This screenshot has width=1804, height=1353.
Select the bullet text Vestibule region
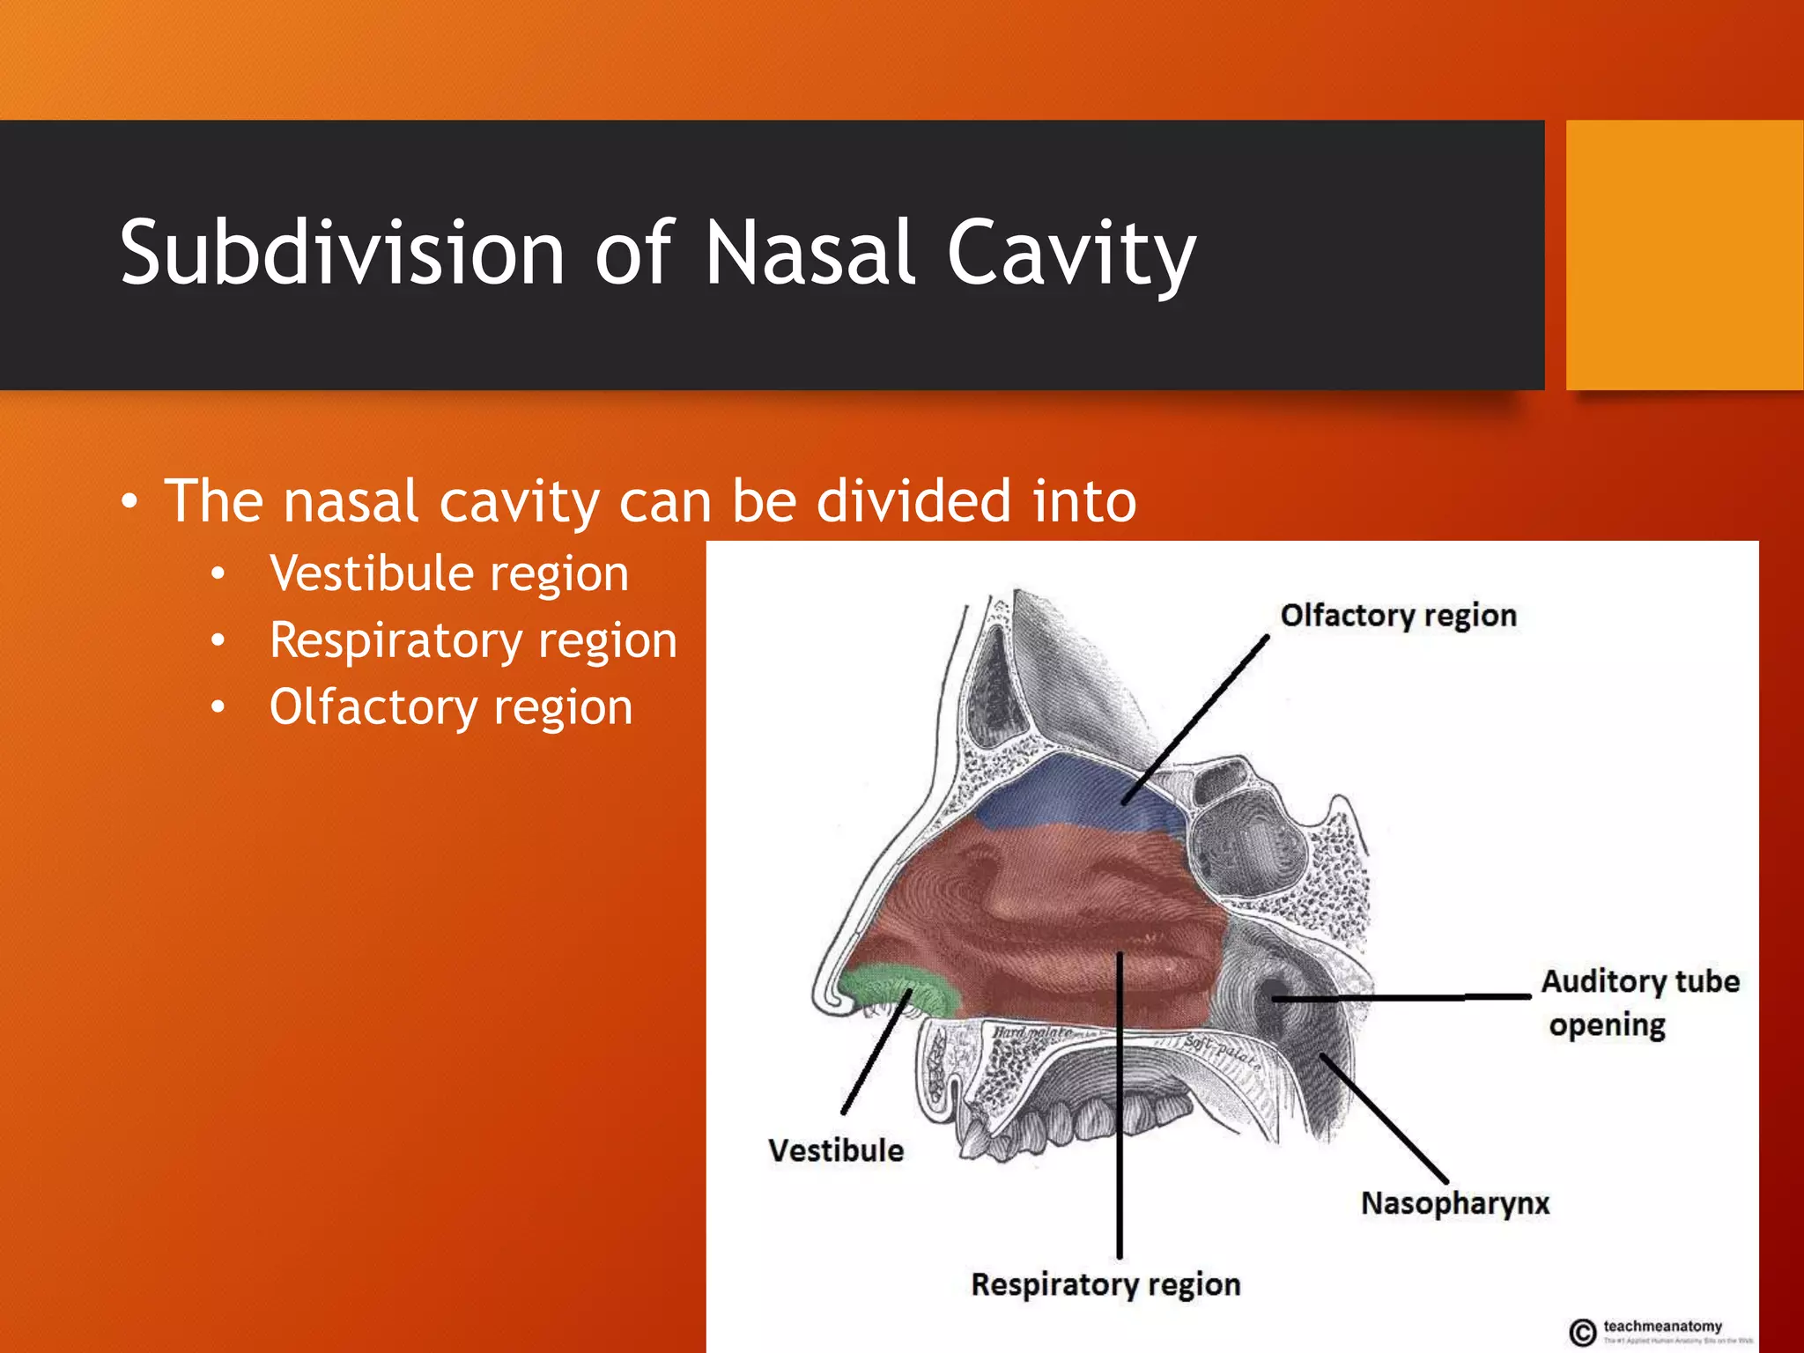click(449, 573)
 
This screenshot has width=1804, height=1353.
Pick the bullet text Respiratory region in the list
click(473, 640)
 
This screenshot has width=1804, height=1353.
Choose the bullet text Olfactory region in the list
click(451, 707)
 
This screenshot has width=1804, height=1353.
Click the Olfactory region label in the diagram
click(1398, 615)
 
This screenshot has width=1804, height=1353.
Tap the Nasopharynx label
click(1454, 1203)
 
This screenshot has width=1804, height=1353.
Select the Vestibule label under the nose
click(835, 1150)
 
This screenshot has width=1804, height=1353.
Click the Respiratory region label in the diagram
click(1105, 1284)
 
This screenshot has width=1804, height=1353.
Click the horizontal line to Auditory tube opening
click(1409, 998)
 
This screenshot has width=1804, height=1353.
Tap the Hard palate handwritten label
click(1031, 1031)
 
